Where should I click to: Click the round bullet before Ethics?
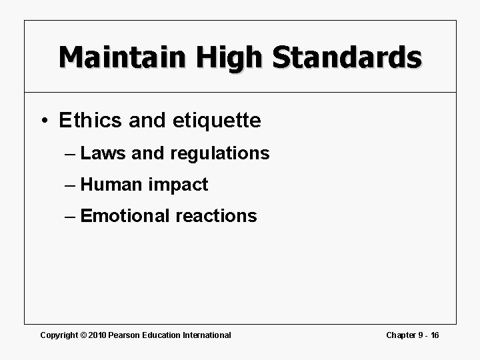[43, 121]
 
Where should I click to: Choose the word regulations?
[220, 153]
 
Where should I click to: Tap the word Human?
[112, 185]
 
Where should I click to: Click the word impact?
[179, 185]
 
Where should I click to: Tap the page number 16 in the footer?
[434, 335]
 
